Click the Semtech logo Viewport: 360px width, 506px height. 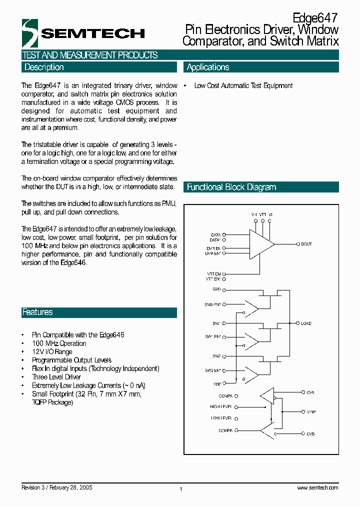point(83,33)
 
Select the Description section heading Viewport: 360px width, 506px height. point(44,67)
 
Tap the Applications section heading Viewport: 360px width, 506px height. point(208,67)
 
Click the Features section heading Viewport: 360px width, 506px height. point(37,312)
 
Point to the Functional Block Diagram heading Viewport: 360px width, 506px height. point(231,187)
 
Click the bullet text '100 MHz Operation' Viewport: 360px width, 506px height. point(59,343)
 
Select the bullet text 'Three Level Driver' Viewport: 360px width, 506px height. point(56,377)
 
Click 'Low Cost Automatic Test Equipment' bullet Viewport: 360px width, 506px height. point(243,86)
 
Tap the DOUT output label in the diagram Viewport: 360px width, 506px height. point(306,244)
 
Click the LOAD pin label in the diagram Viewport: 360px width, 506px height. point(306,323)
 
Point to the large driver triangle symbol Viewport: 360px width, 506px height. point(261,244)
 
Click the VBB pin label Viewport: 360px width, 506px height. point(216,383)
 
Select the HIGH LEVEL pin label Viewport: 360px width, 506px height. point(220,407)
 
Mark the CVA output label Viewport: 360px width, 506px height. point(310,393)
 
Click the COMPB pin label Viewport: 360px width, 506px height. point(225,430)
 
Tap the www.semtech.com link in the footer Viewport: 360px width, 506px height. point(317,488)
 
